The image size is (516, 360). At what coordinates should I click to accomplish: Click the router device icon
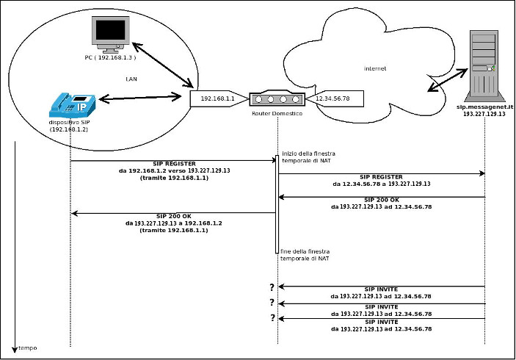[277, 98]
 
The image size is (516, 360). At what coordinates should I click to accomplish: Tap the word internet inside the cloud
[375, 69]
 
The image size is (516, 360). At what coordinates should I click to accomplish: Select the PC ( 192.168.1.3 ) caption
[110, 57]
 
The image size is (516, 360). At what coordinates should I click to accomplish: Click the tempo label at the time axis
[27, 348]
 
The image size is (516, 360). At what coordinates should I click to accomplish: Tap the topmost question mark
[272, 287]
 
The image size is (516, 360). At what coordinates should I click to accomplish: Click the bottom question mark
[272, 318]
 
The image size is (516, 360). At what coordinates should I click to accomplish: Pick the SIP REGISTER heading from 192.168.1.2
[174, 163]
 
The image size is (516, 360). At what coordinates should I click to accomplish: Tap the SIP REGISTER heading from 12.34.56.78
[381, 177]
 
